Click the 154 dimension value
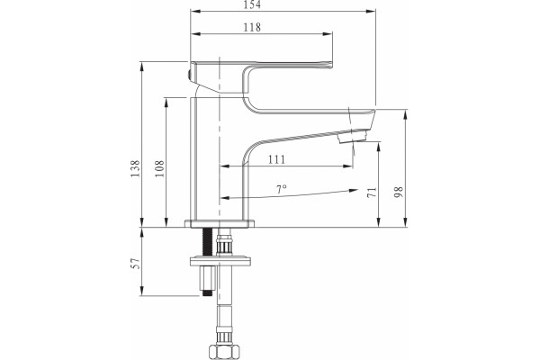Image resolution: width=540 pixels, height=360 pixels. coord(252,4)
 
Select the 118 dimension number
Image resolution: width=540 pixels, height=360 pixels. coord(252,27)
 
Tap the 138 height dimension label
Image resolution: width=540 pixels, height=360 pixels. coord(135,168)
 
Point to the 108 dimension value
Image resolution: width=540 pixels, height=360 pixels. coord(159,168)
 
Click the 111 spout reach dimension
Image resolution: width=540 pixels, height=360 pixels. coord(277,159)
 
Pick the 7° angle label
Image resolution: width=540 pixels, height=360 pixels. coord(282,189)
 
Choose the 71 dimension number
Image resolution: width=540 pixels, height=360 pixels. coord(372,193)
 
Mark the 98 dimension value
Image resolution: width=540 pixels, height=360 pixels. coord(399,193)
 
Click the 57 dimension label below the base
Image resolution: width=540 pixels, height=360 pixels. coord(135,263)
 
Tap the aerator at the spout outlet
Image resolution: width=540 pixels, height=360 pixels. coord(352,135)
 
